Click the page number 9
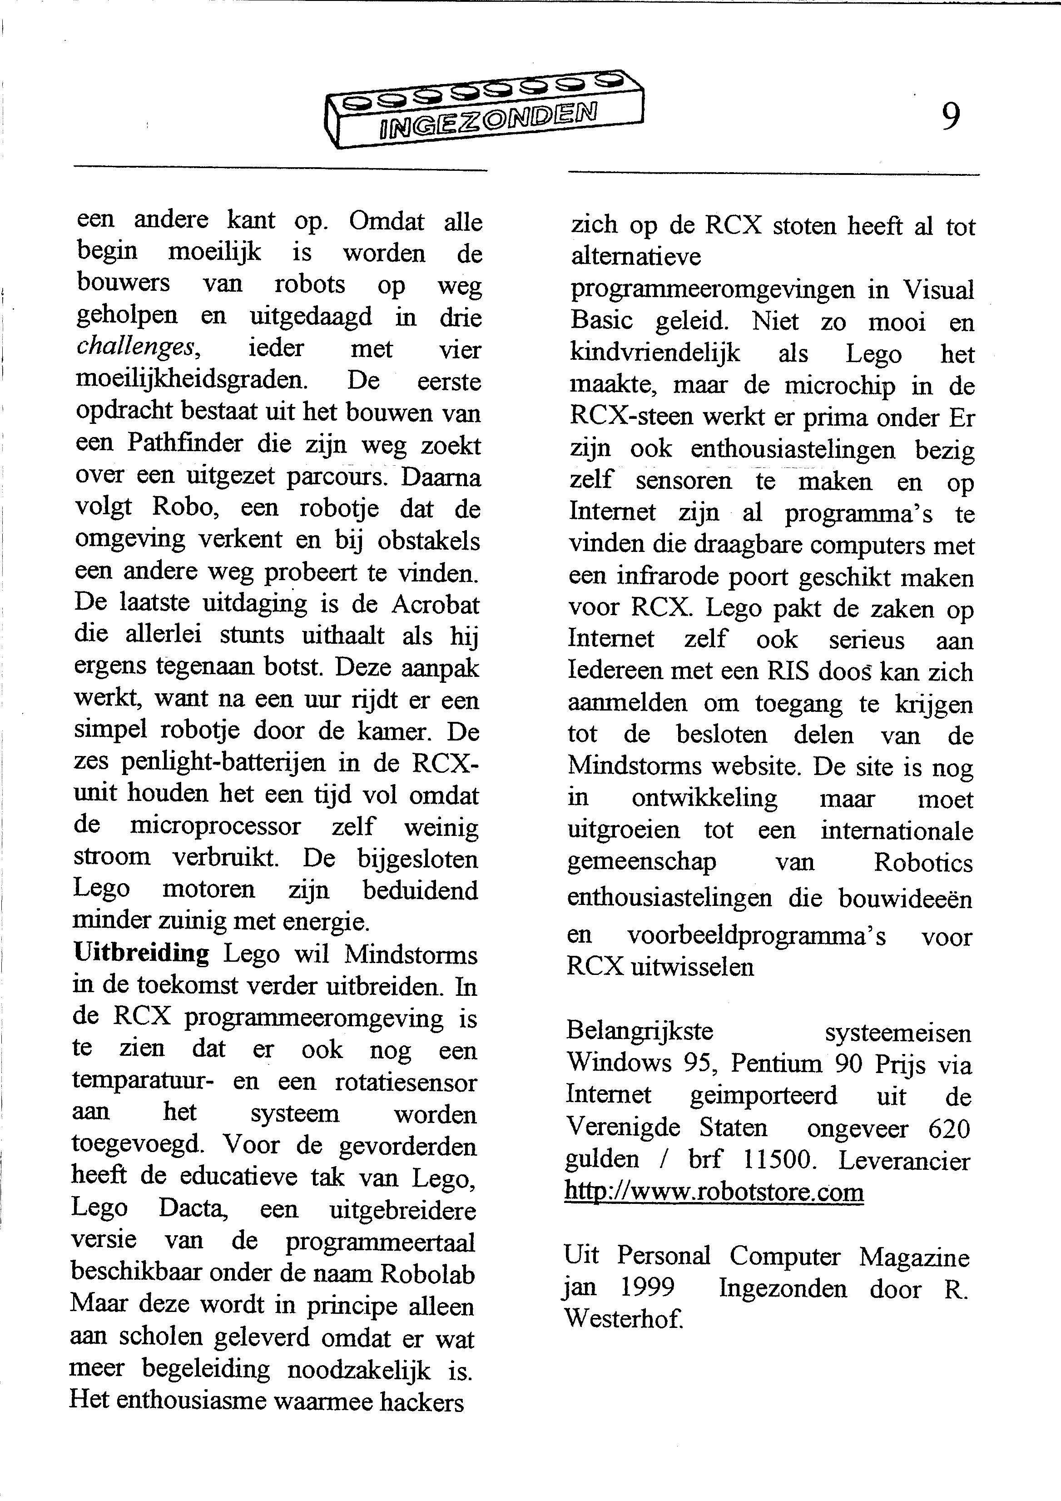pos(951,117)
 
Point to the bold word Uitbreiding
pos(141,953)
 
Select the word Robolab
pos(427,1274)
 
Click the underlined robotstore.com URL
pos(714,1192)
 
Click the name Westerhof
pos(624,1319)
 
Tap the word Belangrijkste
pos(640,1032)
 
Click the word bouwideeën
pos(906,899)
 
